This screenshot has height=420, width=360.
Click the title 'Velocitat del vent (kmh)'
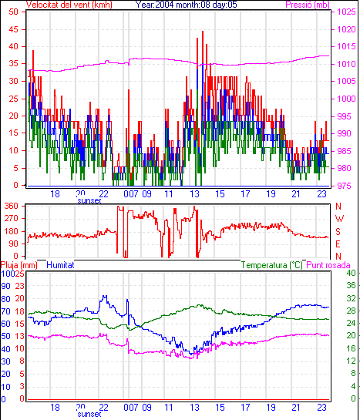pos(69,5)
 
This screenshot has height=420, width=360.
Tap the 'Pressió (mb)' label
pos(308,5)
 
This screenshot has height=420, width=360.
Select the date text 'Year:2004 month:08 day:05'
pos(186,5)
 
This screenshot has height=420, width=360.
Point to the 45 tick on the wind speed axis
pos(13,29)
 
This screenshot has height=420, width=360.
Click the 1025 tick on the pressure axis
pos(346,12)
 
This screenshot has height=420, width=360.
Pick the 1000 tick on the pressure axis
pos(346,99)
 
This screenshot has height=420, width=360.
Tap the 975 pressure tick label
pos(344,186)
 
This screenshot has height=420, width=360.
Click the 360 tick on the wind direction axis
pos(11,206)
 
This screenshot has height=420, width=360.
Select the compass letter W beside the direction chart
pos(339,219)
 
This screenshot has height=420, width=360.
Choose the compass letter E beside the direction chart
pos(338,244)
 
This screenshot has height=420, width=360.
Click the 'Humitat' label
pos(60,265)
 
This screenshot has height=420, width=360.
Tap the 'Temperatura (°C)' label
pos(272,265)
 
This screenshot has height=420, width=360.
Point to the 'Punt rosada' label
pos(328,265)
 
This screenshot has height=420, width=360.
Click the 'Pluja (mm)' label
pos(19,265)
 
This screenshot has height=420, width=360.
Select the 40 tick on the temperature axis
pos(351,273)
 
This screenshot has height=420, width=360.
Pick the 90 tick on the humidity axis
pos(5,286)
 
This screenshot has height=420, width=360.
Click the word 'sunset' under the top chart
pos(89,200)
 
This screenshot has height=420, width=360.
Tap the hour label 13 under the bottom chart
pos(195,408)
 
